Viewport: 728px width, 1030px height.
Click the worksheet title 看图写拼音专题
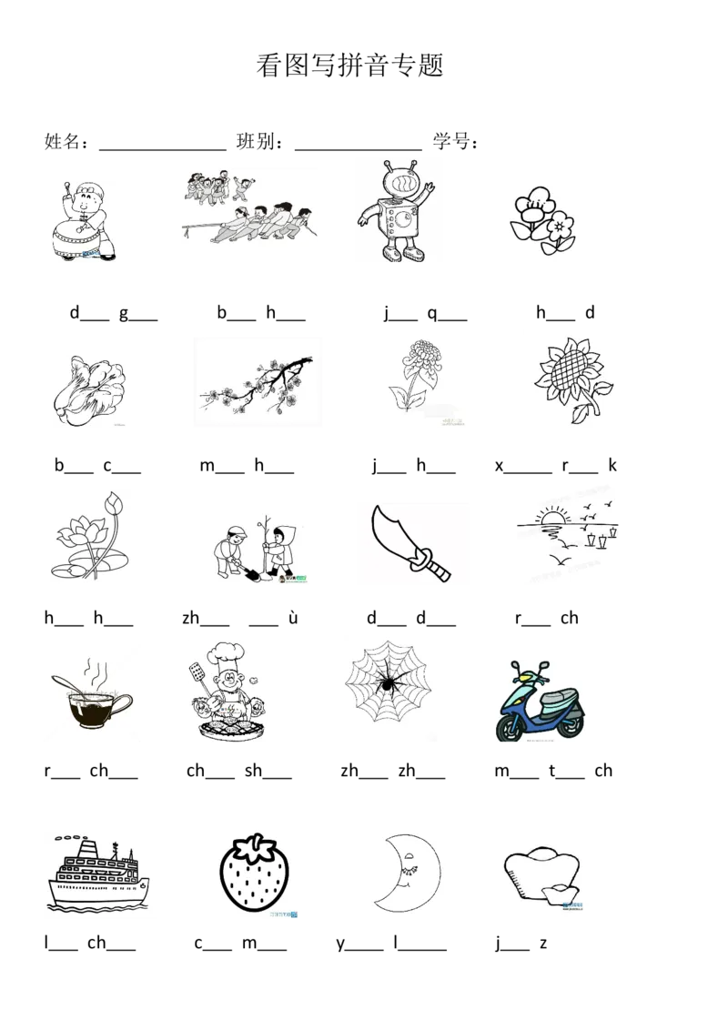coord(349,65)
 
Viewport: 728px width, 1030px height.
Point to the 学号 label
coord(455,140)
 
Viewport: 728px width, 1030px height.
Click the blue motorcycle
coord(540,702)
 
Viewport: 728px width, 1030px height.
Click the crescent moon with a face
coord(402,873)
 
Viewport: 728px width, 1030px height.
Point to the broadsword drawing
coord(411,543)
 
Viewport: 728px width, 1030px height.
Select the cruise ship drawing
coord(98,873)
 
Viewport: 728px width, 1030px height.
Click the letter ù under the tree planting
coord(293,618)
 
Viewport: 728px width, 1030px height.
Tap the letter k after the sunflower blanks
coord(612,465)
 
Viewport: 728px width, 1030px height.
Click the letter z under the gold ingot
coord(543,944)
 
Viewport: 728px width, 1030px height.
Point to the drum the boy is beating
coord(75,237)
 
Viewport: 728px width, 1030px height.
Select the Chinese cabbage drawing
coord(88,390)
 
